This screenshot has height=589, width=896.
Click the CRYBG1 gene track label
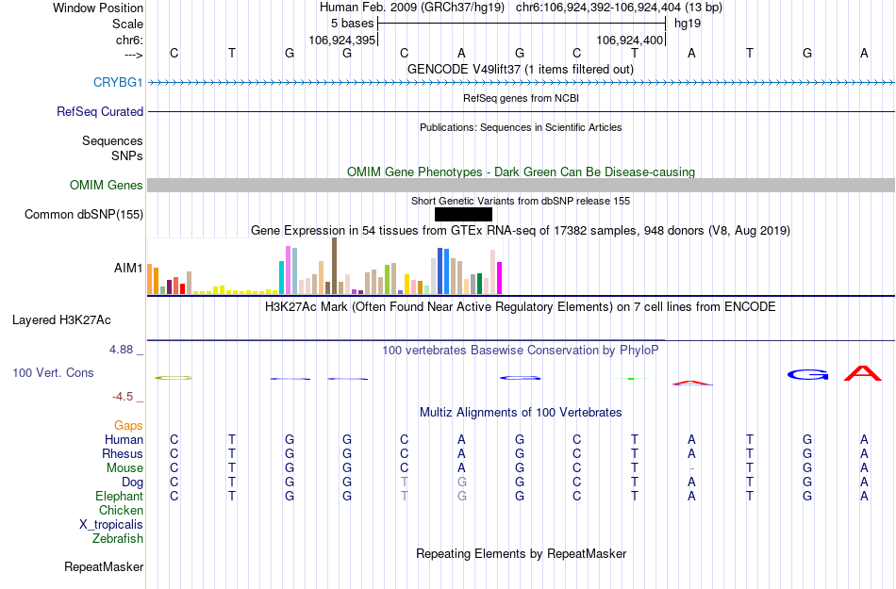(x=118, y=82)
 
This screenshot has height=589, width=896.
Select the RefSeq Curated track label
(x=100, y=111)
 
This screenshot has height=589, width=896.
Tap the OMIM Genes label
(x=107, y=185)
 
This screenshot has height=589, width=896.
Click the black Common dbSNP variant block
(x=464, y=214)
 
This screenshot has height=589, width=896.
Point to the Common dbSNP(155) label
(x=84, y=214)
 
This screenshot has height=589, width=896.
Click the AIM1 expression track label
(x=128, y=268)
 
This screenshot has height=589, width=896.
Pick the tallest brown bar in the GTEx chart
(x=334, y=266)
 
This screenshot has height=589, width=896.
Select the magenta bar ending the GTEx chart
(x=500, y=277)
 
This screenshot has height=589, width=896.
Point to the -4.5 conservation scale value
(x=125, y=397)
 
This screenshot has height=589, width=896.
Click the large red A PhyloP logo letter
(x=863, y=373)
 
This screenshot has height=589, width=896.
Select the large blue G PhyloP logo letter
(x=807, y=374)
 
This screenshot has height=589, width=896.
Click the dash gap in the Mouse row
(x=692, y=468)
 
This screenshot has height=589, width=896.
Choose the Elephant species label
(x=119, y=496)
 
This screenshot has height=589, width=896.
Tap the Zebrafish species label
(x=118, y=538)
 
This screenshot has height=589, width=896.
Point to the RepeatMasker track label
(x=104, y=566)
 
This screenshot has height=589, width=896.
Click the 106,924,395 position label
(x=343, y=41)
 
